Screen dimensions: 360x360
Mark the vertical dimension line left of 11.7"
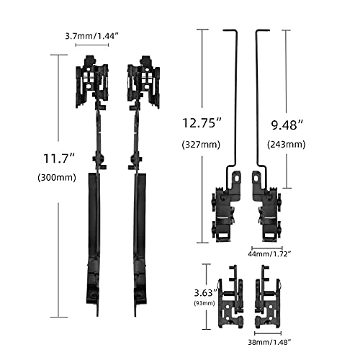point(57,187)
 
